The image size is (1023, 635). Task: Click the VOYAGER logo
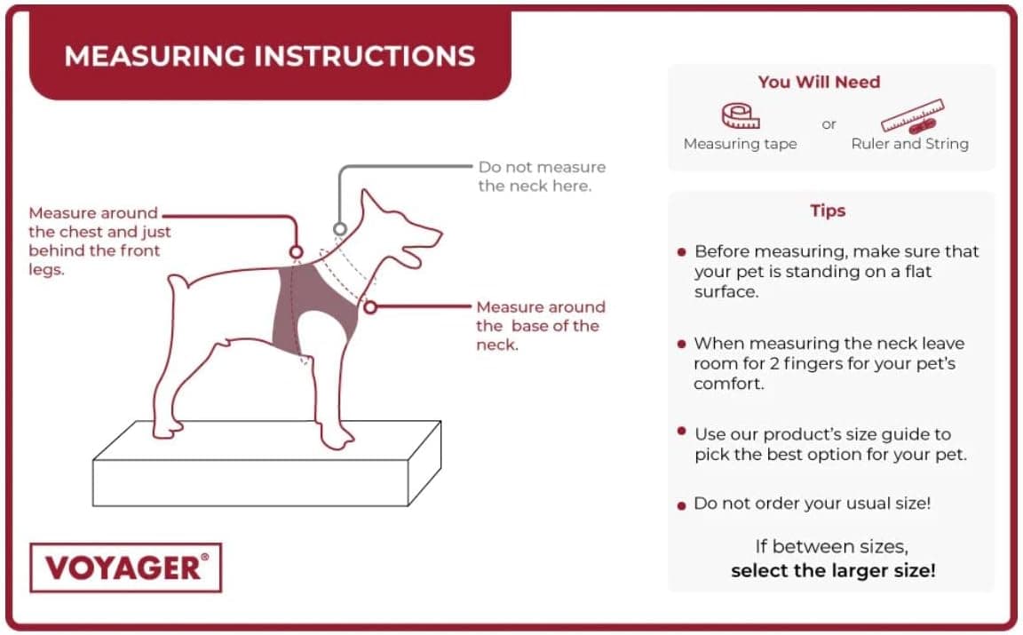126,568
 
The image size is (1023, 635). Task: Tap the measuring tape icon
741,116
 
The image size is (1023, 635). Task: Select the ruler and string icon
912,116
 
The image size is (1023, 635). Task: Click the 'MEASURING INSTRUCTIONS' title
269,56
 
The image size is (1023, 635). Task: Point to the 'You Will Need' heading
819,82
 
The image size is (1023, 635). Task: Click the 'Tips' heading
828,210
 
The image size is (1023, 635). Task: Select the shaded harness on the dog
316,306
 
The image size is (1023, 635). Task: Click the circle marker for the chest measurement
297,252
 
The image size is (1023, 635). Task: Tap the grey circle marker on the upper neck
340,228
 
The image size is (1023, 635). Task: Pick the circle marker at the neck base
370,306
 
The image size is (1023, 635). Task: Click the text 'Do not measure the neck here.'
542,176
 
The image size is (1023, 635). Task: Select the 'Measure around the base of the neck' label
540,326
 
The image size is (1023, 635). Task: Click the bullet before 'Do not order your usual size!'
681,505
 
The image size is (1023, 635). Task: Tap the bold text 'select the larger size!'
833,570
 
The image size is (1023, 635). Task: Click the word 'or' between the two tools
829,124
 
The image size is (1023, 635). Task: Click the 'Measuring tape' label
740,144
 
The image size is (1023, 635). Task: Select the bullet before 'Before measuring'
681,252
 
